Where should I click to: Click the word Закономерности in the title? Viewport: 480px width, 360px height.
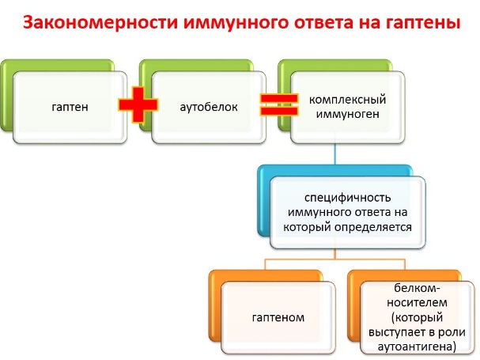100,23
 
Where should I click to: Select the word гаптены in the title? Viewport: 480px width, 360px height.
422,23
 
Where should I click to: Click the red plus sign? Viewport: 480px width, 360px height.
138,104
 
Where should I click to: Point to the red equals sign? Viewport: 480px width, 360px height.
278,104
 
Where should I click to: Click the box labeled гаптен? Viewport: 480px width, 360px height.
70,108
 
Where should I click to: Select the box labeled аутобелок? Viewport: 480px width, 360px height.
209,108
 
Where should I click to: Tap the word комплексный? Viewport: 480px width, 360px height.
347,100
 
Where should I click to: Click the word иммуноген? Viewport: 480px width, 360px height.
347,114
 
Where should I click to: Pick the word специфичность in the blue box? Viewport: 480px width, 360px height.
347,198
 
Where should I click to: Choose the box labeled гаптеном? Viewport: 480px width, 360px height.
278,318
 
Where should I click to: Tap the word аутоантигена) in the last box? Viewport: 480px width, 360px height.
417,347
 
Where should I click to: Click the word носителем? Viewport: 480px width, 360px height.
417,303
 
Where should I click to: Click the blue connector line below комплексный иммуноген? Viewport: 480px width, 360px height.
335,153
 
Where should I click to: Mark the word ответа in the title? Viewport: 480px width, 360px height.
323,24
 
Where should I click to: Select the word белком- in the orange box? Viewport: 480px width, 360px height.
417,288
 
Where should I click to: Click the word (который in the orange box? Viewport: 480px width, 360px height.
417,317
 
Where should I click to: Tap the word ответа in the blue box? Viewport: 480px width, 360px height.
377,212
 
